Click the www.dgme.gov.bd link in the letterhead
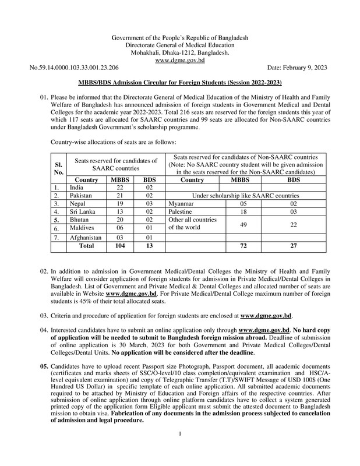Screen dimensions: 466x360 coord(179,60)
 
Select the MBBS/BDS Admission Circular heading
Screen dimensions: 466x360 coord(179,84)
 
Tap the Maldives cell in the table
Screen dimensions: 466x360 coord(81,230)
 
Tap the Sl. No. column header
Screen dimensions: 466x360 coord(58,168)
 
